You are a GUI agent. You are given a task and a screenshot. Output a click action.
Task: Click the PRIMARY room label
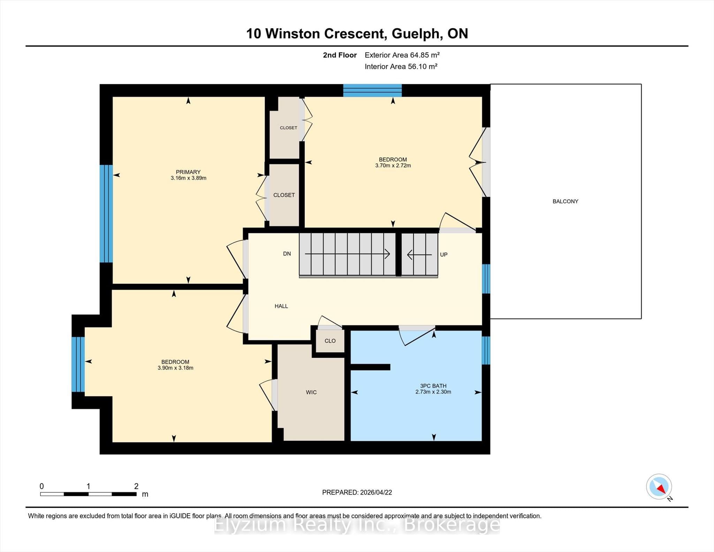(188, 172)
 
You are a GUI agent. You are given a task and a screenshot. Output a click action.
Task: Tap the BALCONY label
(565, 201)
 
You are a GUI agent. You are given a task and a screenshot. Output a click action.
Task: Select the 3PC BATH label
(433, 386)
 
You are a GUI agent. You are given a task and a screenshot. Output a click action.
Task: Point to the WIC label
(311, 392)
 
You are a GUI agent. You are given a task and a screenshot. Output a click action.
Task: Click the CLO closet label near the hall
(330, 341)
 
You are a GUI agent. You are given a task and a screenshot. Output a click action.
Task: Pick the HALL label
(281, 306)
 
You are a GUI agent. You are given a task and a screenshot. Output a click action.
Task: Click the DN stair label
(287, 254)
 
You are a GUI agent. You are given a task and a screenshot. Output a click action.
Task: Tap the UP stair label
(444, 255)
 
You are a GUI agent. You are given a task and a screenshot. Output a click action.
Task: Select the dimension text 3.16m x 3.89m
(189, 178)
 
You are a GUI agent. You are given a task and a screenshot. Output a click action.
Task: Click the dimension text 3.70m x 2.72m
(393, 166)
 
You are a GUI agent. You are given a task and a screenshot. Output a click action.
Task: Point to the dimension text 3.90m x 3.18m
(175, 368)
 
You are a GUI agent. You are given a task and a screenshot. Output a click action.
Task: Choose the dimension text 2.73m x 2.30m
(433, 392)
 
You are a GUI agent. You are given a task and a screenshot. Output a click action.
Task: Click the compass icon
(659, 486)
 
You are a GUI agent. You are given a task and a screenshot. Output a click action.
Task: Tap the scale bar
(88, 494)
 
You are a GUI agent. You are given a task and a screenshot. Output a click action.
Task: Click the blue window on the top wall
(372, 90)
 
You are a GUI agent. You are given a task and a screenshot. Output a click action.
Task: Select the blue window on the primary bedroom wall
(106, 213)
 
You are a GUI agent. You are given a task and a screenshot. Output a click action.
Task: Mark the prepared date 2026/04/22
(376, 492)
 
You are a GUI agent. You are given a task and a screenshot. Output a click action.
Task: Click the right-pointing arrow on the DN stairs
(347, 254)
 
